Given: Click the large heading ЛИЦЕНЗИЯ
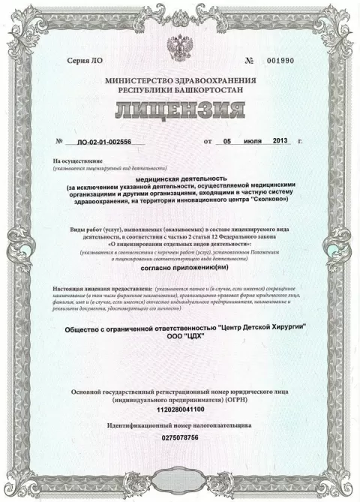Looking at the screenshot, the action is (181, 113).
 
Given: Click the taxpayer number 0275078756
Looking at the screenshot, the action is (181, 437).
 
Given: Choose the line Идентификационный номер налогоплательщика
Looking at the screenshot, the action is (180, 425).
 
